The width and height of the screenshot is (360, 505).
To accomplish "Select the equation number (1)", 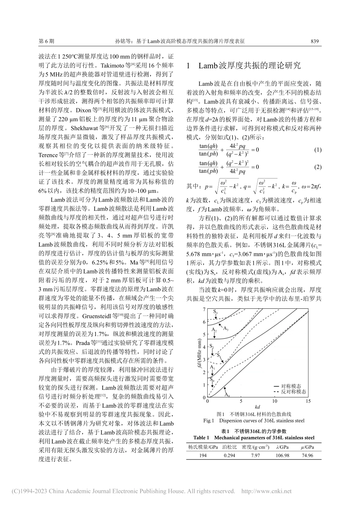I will [318, 150].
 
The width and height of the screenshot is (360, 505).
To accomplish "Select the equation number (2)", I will [318, 167].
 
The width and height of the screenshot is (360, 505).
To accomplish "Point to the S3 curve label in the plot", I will [215, 311].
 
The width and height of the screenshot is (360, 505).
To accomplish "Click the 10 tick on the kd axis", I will [274, 401].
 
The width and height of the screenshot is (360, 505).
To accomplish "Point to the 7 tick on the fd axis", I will [204, 310].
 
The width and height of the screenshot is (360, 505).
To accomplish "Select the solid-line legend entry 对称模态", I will [291, 386].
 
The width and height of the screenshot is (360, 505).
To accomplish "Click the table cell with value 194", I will [203, 455].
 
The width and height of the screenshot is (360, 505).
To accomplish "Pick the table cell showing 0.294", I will [229, 455].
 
